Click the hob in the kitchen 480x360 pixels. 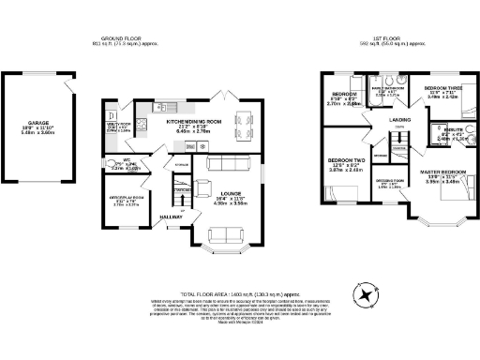[142, 122]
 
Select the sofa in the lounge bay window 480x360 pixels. [221, 234]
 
